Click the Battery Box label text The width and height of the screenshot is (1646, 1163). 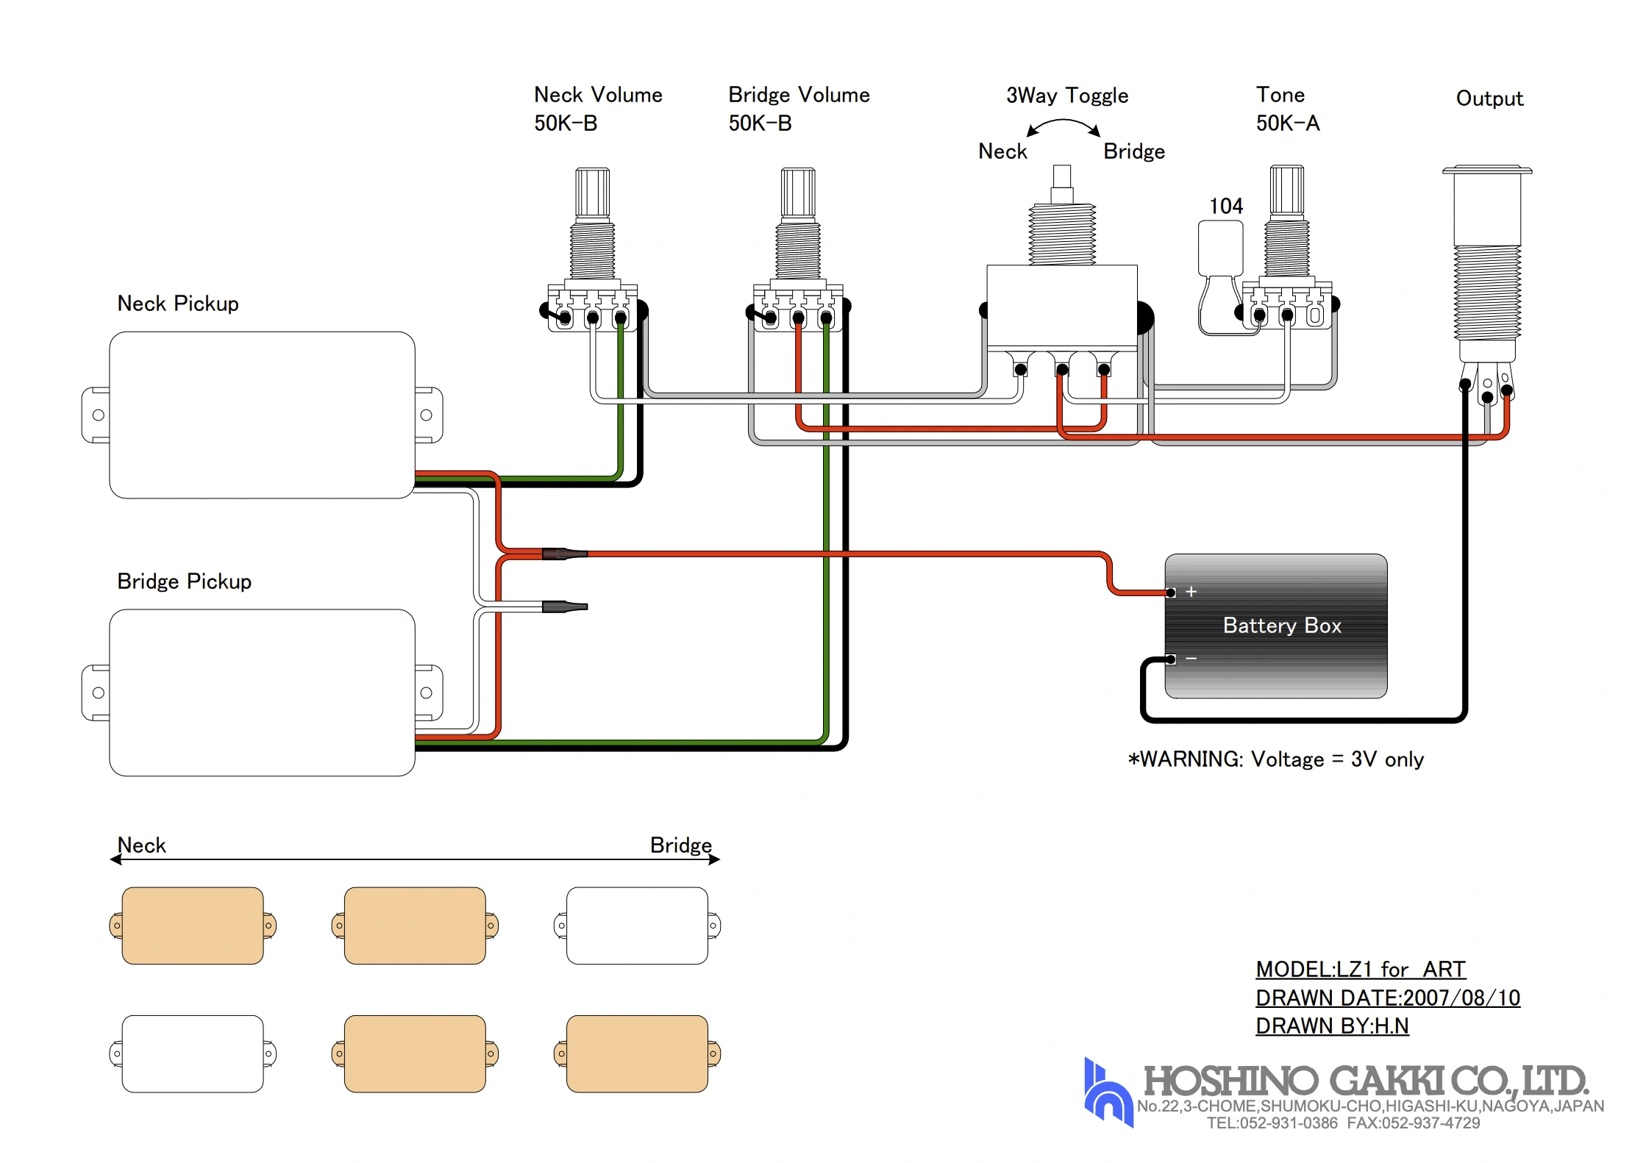[x=1281, y=626]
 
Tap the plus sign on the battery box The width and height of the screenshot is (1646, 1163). [x=1191, y=592]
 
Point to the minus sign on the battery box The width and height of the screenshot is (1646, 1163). [x=1191, y=658]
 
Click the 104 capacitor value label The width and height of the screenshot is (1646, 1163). [x=1226, y=206]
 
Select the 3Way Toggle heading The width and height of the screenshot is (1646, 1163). [x=1066, y=96]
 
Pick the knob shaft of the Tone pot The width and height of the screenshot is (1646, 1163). [x=1287, y=189]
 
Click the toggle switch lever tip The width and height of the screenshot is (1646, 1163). [x=1062, y=176]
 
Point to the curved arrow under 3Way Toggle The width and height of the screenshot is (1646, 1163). [x=1064, y=125]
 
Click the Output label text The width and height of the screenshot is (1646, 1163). [x=1489, y=99]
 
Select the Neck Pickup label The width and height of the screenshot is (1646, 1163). [x=178, y=304]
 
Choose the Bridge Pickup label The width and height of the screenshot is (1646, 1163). [x=184, y=581]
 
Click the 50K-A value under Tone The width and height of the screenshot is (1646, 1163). [x=1288, y=124]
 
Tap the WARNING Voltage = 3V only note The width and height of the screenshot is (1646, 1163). [x=1276, y=759]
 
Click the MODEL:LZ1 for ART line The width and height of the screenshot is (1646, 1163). [x=1361, y=970]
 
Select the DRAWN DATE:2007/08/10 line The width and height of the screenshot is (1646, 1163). [x=1388, y=998]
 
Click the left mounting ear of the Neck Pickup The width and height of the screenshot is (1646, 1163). [x=96, y=415]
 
